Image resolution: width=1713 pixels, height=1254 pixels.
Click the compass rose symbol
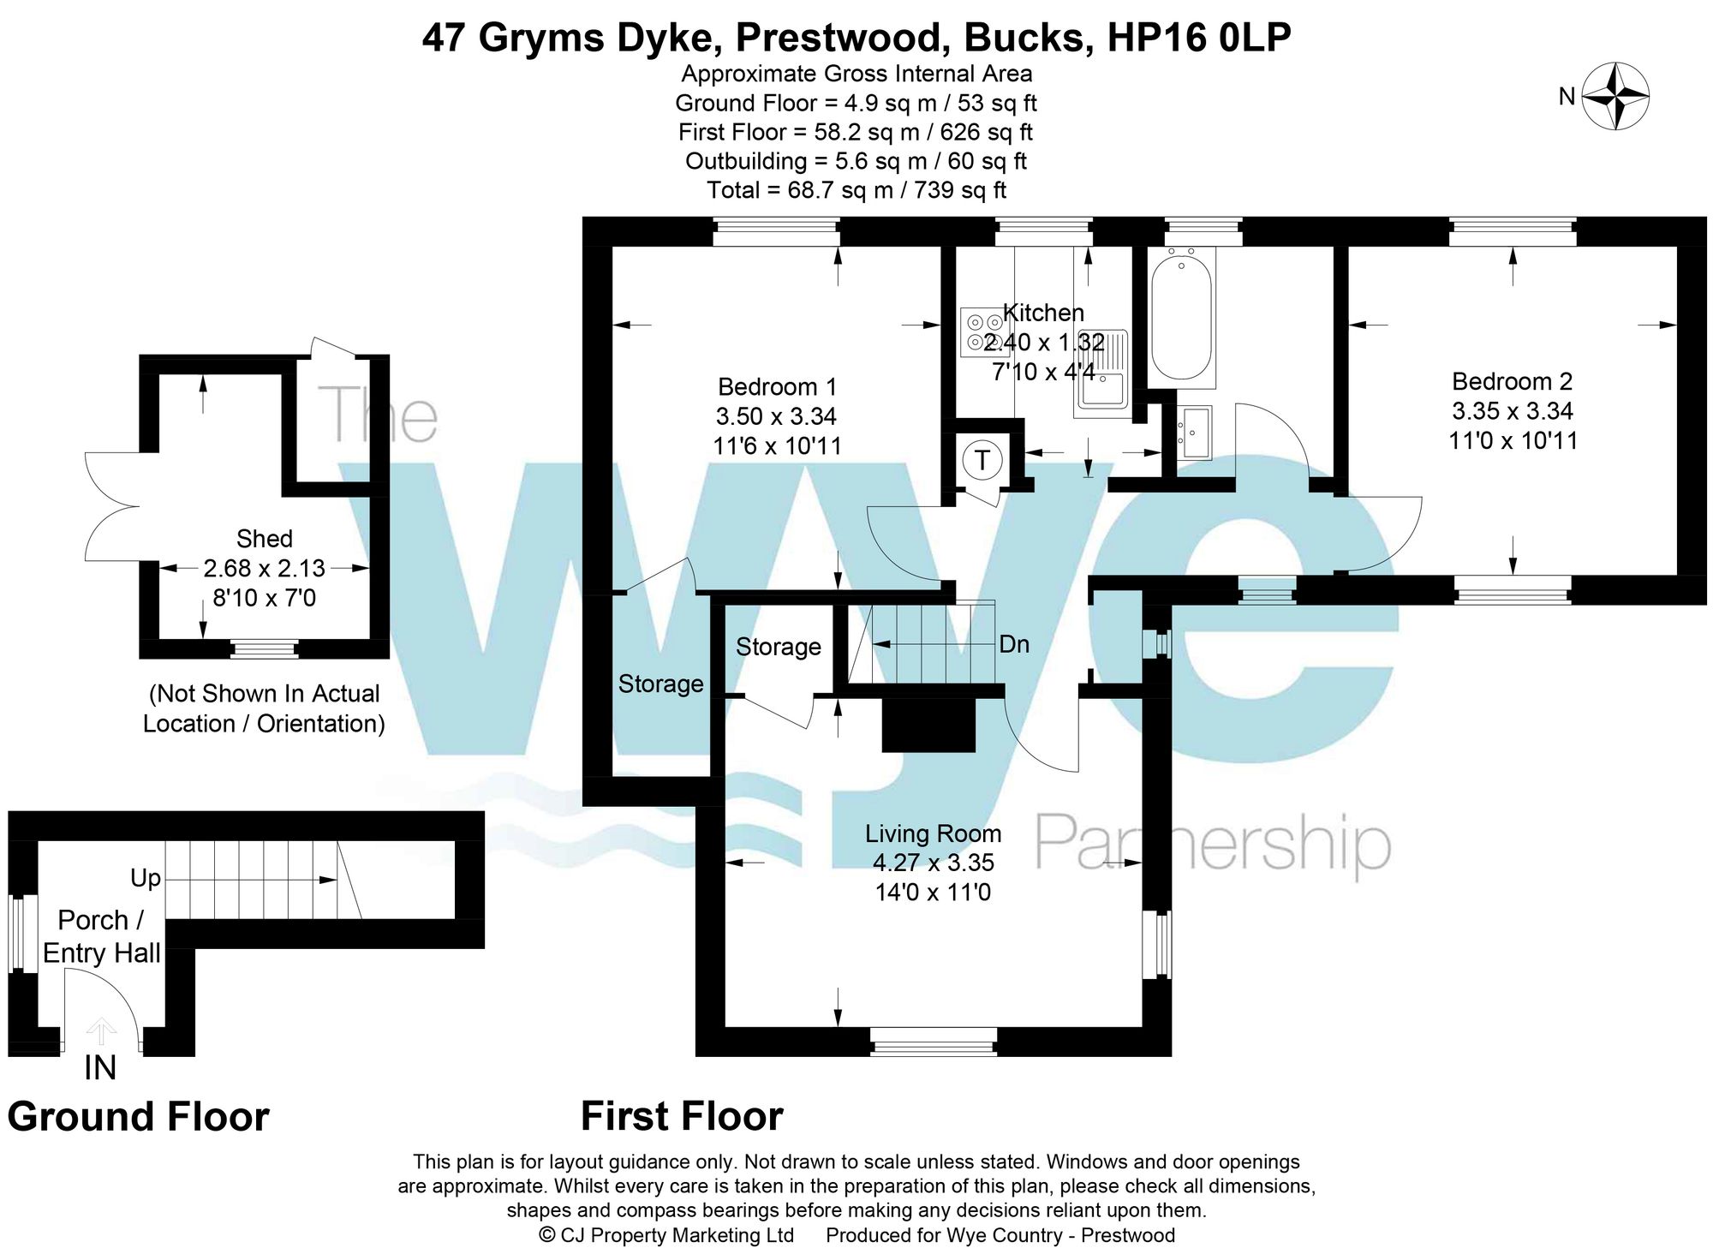pyautogui.click(x=1615, y=96)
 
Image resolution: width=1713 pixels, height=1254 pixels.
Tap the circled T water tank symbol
pyautogui.click(x=982, y=460)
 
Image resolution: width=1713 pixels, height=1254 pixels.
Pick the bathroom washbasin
pyautogui.click(x=1194, y=433)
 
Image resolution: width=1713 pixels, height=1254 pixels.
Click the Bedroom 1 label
pyautogui.click(x=777, y=386)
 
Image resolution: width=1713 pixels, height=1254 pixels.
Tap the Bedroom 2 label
pyautogui.click(x=1512, y=381)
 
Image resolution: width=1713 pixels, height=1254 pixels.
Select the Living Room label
pyautogui.click(x=933, y=833)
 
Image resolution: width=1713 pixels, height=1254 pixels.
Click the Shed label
pyautogui.click(x=265, y=539)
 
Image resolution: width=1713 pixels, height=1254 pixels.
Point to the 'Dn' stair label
pyautogui.click(x=1014, y=644)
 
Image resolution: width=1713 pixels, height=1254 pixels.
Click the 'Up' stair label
pyautogui.click(x=146, y=879)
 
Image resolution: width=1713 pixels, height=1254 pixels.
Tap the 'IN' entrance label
pyautogui.click(x=100, y=1068)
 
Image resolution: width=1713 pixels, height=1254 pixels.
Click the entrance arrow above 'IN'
pyautogui.click(x=101, y=1030)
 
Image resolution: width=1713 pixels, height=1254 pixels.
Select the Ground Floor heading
pyautogui.click(x=138, y=1117)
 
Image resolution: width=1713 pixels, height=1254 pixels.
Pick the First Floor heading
pyautogui.click(x=682, y=1117)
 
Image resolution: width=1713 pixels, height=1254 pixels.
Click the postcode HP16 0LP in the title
pyautogui.click(x=1198, y=38)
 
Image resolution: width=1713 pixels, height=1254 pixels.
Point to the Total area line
pyautogui.click(x=856, y=190)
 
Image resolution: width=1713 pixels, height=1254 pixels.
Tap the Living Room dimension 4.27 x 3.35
pyautogui.click(x=933, y=863)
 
